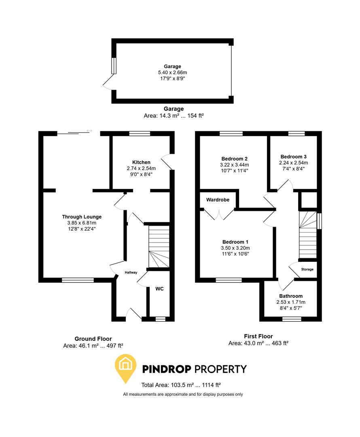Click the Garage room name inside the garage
(x=172, y=66)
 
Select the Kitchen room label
(x=141, y=162)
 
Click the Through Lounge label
(x=82, y=217)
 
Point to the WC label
(x=159, y=289)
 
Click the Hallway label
(x=131, y=272)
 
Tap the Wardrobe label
(x=218, y=200)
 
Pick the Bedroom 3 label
(x=293, y=157)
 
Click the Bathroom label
(x=290, y=296)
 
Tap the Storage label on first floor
(x=307, y=269)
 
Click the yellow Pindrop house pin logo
(x=126, y=367)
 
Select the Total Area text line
(x=180, y=385)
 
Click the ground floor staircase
(x=158, y=246)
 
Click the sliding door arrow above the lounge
(x=89, y=131)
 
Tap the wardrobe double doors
(x=218, y=213)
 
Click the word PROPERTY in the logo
(x=220, y=369)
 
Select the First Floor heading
(x=258, y=336)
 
